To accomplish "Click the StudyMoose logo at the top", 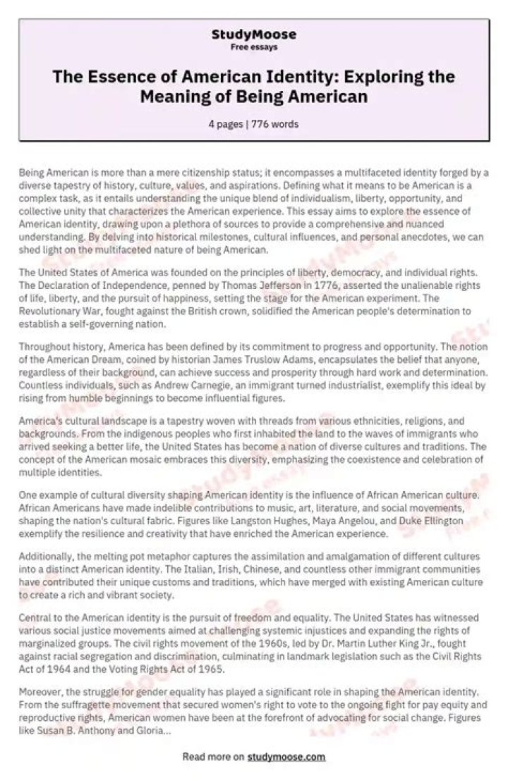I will (254, 35).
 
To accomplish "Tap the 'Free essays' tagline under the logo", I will (254, 47).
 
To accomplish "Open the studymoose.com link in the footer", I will (286, 757).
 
